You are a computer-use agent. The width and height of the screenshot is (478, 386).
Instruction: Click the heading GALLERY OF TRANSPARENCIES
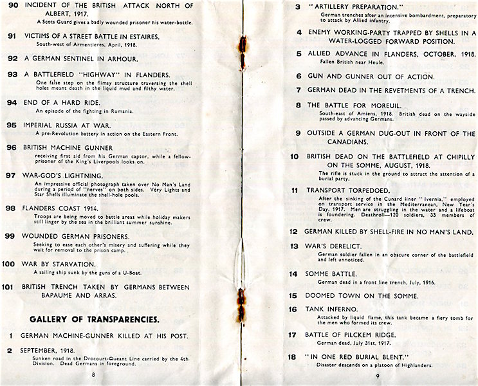[x=95, y=318]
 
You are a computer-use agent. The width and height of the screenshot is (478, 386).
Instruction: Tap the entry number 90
[x=12, y=6]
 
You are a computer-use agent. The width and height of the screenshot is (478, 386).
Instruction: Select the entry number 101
[x=9, y=287]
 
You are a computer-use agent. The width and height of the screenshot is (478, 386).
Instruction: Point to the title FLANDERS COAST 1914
[x=62, y=208]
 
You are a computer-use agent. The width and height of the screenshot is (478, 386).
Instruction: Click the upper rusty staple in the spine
[x=243, y=47]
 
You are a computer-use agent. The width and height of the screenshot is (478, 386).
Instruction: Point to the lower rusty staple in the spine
[x=243, y=300]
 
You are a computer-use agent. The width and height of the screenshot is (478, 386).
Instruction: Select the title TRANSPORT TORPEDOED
[x=343, y=190]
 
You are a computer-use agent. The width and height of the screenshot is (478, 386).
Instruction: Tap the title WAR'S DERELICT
[x=335, y=246]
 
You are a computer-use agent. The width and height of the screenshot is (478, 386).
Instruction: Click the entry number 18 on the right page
[x=292, y=356]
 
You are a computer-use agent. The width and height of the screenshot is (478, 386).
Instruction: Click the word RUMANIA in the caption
[x=120, y=111]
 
